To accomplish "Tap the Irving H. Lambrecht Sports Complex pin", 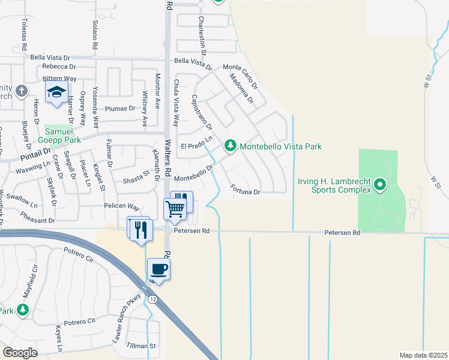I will pos(379,185).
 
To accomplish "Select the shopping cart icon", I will pos(175,209).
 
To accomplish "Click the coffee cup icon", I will pos(158,268).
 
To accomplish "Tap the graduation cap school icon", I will pos(56,92).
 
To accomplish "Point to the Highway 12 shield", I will pos(154,299).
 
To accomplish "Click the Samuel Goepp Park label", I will pos(62,135).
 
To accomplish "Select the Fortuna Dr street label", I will pos(245,190).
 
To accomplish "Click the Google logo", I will pos(20,352).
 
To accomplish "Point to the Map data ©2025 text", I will pos(423,355).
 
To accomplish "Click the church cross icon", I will pos(22,91).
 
